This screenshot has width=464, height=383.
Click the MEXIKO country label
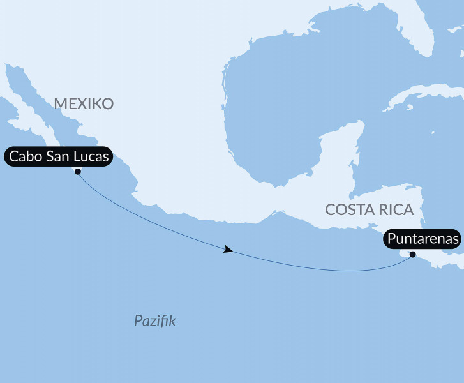(84, 103)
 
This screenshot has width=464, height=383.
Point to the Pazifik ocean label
(154, 320)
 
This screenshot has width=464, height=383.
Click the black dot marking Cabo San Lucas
(77, 171)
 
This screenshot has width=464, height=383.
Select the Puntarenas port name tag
(422, 239)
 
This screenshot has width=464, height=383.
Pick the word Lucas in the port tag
(96, 156)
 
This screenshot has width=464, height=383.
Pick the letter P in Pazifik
(138, 320)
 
